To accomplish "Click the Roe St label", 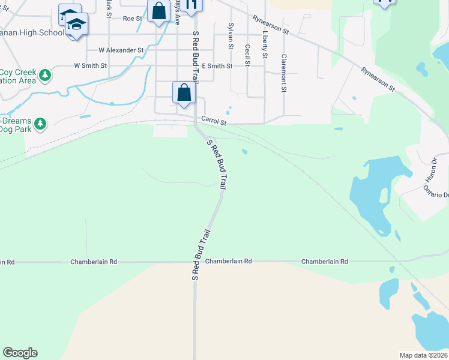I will tap(131, 19).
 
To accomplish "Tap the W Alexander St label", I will tap(121, 50).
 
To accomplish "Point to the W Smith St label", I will tap(90, 65).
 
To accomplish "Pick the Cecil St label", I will tap(247, 55).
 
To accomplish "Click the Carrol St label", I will tap(214, 121).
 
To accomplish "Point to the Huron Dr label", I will tap(433, 169).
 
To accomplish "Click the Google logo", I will tap(20, 353).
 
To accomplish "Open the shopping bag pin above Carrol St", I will tap(184, 94).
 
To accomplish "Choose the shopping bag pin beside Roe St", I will tap(158, 11).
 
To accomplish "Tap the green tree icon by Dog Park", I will tap(40, 124).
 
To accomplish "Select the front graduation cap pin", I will tap(76, 25).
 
